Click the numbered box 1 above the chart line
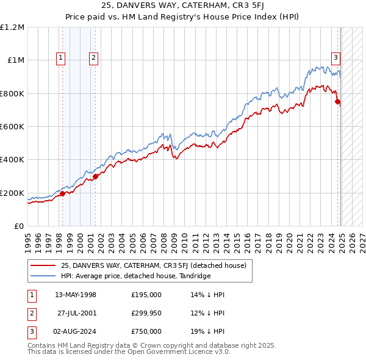[62, 59]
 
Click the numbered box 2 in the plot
[94, 59]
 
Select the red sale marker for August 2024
[338, 102]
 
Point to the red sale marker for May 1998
[62, 194]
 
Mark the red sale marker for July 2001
[95, 176]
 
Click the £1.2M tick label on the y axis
[12, 27]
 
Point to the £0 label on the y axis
[19, 226]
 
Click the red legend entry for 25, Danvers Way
[153, 265]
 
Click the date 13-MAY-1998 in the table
[76, 295]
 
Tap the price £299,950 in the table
[146, 313]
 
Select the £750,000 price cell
[146, 331]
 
